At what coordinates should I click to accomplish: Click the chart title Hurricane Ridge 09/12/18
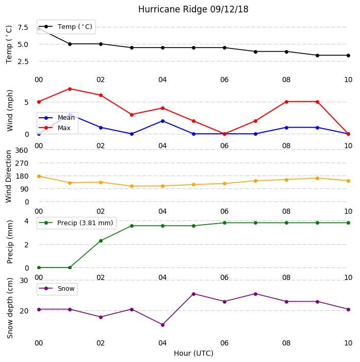click(x=193, y=9)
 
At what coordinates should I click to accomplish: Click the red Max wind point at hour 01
click(x=70, y=89)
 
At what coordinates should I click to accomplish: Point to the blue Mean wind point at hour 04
click(x=162, y=121)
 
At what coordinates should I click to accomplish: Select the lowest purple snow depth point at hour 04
click(x=162, y=325)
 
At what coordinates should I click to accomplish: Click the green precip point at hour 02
click(x=101, y=241)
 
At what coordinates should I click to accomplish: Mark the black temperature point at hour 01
click(x=70, y=44)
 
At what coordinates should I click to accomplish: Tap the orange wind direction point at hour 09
click(x=317, y=178)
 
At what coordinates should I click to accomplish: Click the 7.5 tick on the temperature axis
click(x=23, y=27)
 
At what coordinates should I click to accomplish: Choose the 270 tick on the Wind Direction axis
click(x=22, y=164)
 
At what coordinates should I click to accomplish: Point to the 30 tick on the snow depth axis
click(x=24, y=280)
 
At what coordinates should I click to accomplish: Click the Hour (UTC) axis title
click(x=193, y=353)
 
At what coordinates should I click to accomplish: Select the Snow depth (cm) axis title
click(x=10, y=308)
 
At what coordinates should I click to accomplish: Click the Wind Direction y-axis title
click(x=9, y=177)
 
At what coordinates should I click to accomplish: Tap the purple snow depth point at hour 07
click(x=255, y=294)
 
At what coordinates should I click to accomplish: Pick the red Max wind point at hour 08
click(x=286, y=102)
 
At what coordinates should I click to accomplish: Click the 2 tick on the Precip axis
click(x=26, y=245)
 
